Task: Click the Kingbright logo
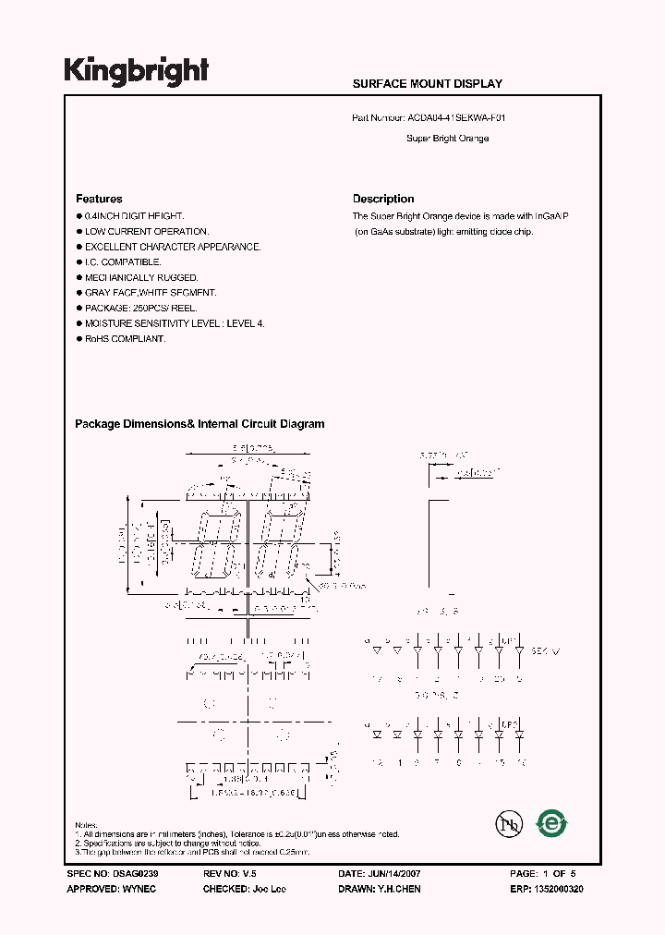136,70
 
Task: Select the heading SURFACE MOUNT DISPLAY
428,84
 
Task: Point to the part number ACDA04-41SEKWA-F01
456,118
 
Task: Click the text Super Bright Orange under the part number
447,139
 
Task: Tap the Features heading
99,199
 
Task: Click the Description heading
383,199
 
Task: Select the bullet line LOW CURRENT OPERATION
146,232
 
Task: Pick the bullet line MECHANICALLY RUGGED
141,277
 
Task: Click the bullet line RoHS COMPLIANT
125,339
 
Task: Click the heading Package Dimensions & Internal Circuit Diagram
199,424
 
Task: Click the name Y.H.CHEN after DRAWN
400,889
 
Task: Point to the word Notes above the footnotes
86,825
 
